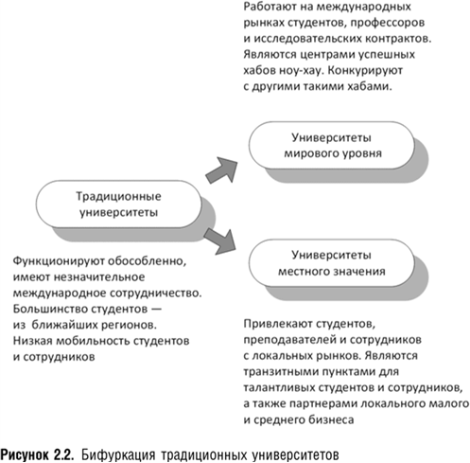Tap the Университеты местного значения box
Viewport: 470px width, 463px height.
(330, 263)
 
